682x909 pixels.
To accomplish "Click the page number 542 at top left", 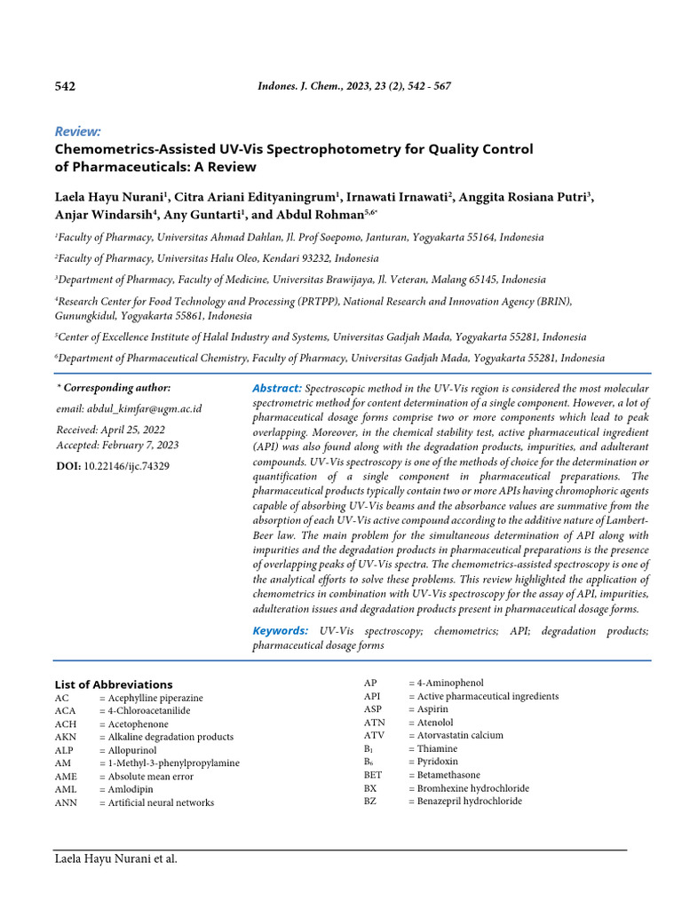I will click(65, 87).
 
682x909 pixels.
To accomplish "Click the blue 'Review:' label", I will click(77, 131).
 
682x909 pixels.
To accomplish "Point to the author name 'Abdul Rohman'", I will click(333, 214).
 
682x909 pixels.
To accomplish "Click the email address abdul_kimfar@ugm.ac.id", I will click(145, 408).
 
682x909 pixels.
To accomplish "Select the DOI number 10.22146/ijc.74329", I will click(126, 465).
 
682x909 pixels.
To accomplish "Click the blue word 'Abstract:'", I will click(277, 389).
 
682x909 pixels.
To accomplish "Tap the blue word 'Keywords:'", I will click(280, 630).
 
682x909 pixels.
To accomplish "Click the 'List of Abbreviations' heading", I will click(114, 684).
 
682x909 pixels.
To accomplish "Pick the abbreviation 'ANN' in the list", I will click(66, 802).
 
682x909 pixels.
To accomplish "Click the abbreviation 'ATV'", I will click(373, 735).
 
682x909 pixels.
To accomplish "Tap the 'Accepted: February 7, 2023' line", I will click(117, 445).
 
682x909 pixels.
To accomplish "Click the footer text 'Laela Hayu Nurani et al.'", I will click(115, 859).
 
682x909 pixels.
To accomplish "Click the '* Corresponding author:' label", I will click(114, 388).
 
